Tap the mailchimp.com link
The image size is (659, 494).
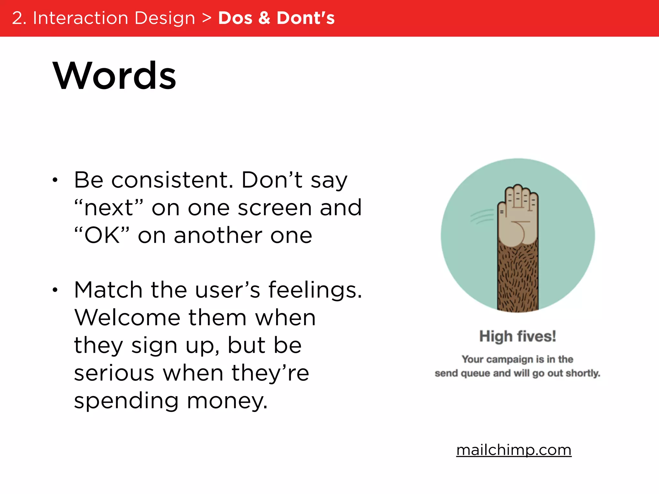(x=514, y=450)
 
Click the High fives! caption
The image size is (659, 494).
(x=517, y=336)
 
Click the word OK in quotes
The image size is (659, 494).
(x=102, y=235)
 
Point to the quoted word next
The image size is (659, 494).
(x=108, y=208)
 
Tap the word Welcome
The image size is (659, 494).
(x=127, y=318)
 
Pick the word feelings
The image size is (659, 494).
(x=315, y=290)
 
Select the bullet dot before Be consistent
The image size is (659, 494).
(x=55, y=180)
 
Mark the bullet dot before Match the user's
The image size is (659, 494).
(x=55, y=290)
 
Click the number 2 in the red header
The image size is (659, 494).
(x=18, y=18)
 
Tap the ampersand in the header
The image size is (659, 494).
(x=264, y=18)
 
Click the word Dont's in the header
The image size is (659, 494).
(x=306, y=18)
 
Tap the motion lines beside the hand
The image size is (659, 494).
(x=482, y=216)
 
